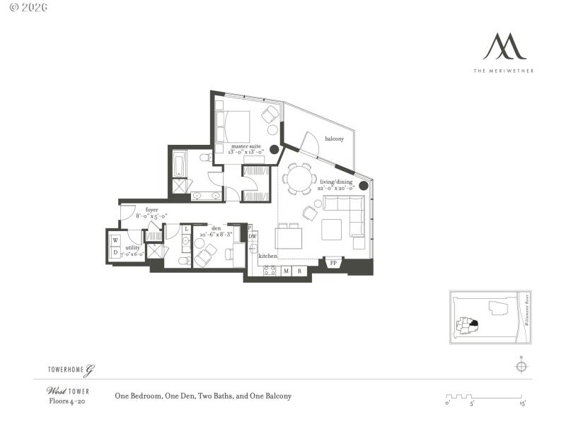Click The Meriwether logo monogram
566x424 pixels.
504,47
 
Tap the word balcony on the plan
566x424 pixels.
335,139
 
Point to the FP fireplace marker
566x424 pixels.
333,264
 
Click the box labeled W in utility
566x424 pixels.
115,240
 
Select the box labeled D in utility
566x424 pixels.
115,252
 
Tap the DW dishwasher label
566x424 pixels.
252,237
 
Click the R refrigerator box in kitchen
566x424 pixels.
300,271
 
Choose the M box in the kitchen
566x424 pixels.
286,271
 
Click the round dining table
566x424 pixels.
300,179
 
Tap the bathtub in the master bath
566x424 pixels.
178,165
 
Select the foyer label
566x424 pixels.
152,210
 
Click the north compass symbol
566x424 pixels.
521,366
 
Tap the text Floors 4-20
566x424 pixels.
67,401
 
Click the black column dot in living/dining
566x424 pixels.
363,186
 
